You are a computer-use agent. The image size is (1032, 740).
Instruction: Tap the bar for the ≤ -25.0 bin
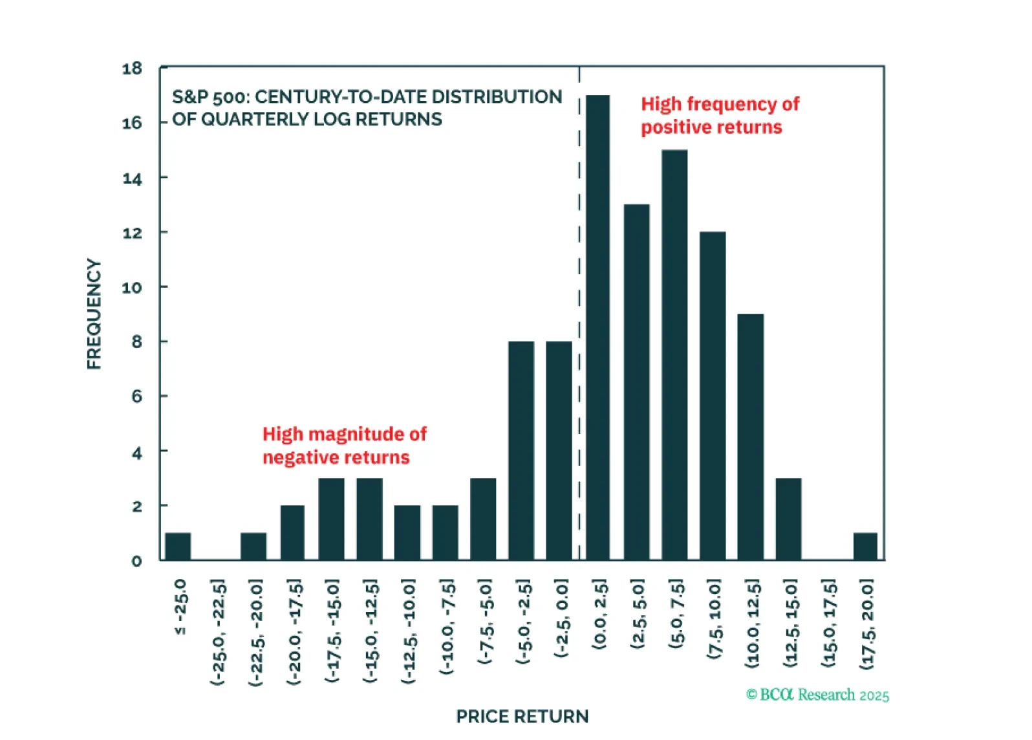tap(178, 547)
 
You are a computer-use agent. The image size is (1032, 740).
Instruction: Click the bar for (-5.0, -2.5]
tap(521, 451)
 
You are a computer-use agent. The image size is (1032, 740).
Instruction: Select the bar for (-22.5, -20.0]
tap(253, 547)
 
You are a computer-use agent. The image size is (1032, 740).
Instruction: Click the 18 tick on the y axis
tap(132, 69)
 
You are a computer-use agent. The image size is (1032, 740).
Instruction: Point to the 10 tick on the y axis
tap(132, 287)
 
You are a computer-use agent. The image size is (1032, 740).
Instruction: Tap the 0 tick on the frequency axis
tap(136, 561)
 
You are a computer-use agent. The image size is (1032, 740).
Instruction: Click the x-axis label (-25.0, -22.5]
tap(219, 632)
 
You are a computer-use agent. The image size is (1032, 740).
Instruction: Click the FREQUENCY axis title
tap(94, 314)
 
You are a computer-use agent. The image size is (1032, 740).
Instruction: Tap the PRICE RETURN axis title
tap(522, 717)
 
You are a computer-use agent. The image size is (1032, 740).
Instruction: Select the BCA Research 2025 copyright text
tap(818, 695)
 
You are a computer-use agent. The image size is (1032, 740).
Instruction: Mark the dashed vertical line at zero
tap(579, 323)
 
